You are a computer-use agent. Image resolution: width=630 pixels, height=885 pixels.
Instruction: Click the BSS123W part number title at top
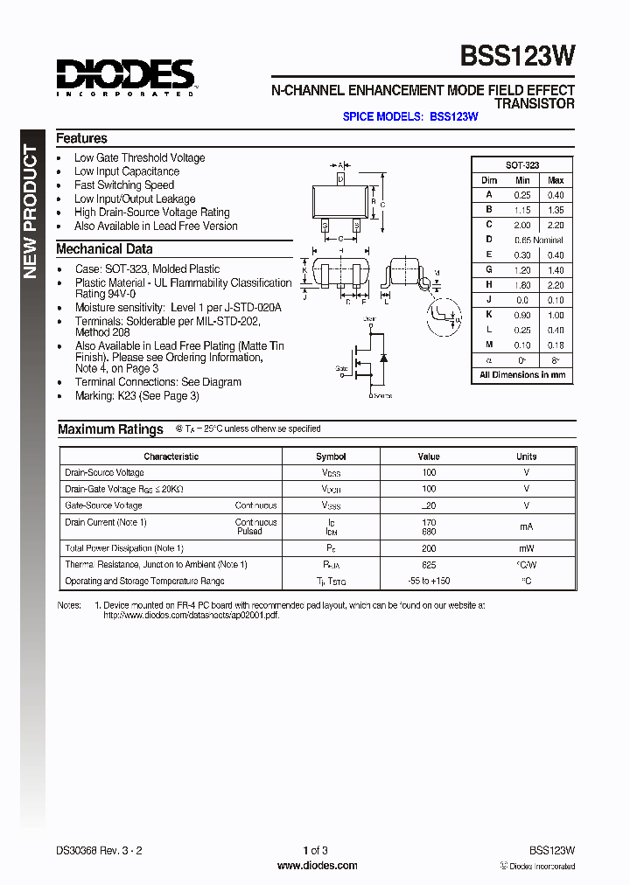(518, 56)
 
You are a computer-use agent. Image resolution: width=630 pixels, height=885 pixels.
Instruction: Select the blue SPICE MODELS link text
(409, 116)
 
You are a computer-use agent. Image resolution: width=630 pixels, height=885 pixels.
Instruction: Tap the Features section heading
(81, 138)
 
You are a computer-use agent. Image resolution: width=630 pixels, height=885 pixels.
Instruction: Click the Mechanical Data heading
(104, 249)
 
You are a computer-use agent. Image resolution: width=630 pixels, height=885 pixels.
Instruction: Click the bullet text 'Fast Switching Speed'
(123, 185)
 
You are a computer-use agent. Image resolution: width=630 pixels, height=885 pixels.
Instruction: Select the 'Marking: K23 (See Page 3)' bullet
(136, 396)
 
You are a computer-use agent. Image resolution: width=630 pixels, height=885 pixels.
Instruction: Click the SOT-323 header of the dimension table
(522, 165)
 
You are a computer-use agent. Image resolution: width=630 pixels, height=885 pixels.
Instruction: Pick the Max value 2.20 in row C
(556, 225)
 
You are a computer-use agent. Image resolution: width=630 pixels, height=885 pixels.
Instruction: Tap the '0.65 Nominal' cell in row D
(539, 239)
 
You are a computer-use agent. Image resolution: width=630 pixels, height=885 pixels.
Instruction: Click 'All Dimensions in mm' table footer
(522, 375)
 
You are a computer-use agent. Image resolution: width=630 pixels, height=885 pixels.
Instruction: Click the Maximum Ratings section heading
(110, 429)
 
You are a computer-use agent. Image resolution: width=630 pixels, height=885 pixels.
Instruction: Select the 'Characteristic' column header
(171, 456)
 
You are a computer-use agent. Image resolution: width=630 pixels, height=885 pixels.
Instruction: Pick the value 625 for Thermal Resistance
(429, 565)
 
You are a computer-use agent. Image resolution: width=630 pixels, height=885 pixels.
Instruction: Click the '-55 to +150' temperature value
(429, 581)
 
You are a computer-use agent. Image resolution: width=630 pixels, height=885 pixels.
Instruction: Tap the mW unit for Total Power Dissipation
(526, 548)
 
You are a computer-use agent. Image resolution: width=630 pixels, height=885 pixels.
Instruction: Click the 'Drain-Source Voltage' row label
(104, 472)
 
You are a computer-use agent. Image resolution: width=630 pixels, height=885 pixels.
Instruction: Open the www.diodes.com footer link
(317, 866)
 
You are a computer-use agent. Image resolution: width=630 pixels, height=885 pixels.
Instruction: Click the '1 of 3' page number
(315, 850)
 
